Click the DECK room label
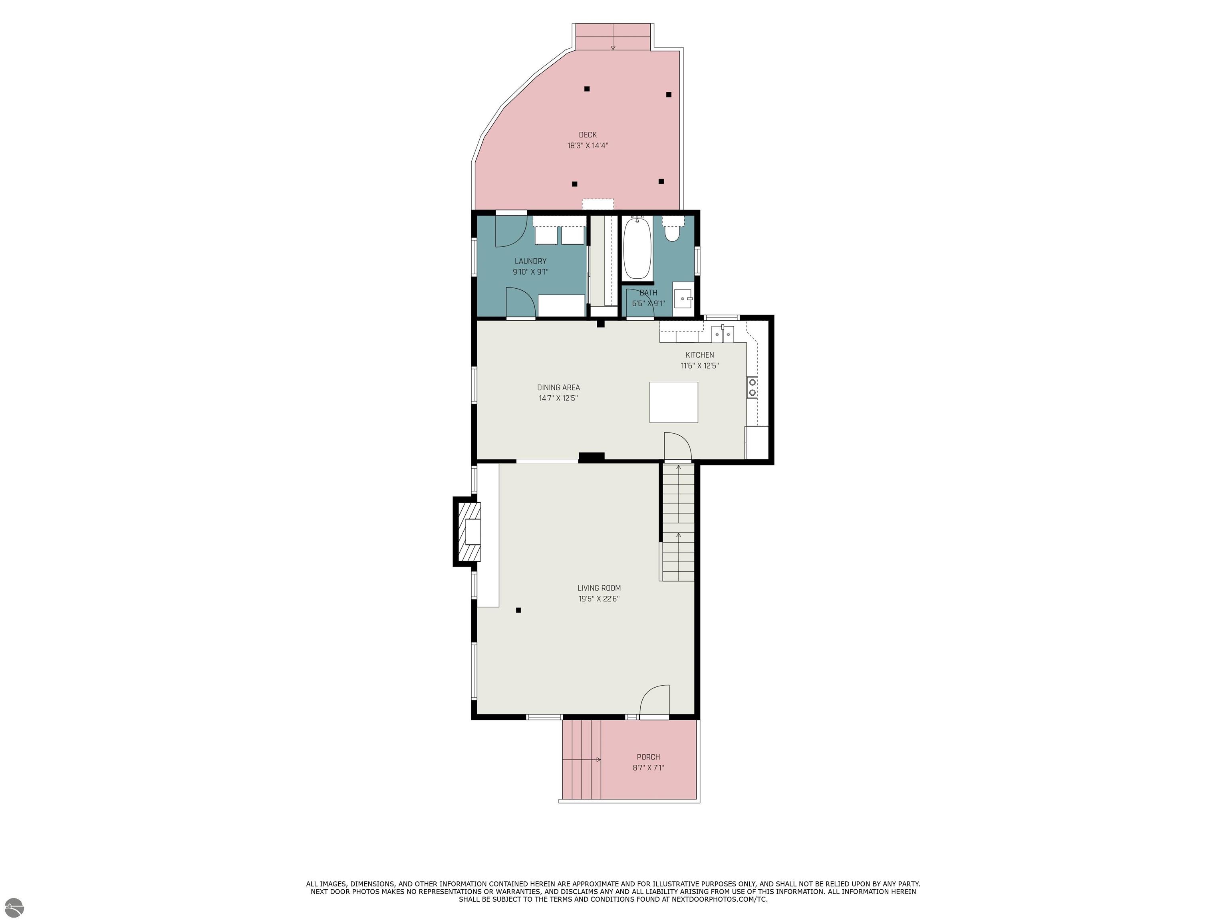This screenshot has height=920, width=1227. click(588, 135)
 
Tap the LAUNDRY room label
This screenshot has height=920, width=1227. click(530, 261)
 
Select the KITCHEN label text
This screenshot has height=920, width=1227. click(699, 355)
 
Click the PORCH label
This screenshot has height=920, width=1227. click(648, 757)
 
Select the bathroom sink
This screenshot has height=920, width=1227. click(683, 298)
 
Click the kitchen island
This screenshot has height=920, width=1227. click(673, 402)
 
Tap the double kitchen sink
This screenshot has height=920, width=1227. click(723, 334)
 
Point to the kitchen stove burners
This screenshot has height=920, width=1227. click(752, 387)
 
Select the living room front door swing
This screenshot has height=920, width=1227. click(655, 702)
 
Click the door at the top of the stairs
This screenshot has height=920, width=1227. click(678, 446)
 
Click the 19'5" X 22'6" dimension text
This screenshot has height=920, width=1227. click(599, 599)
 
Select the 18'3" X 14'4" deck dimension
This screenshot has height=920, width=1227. click(588, 146)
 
